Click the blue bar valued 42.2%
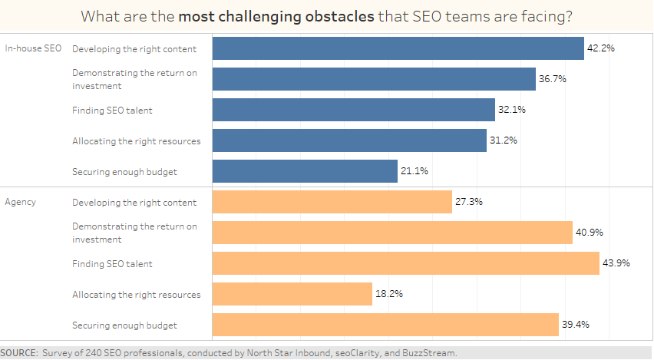coord(398,48)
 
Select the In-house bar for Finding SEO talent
coord(353,110)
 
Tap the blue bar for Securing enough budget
coord(305,171)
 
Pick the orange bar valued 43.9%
coord(405,263)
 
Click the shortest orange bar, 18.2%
coord(292,294)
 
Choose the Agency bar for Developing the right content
coord(332,202)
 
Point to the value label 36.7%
coord(553,79)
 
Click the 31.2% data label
coord(504,140)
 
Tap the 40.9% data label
coord(590,233)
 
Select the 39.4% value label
coord(575,325)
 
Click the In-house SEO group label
coord(33,48)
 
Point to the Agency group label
coord(21,202)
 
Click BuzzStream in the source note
coord(431,353)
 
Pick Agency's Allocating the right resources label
coord(136,294)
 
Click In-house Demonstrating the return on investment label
coord(134,79)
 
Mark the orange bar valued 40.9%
coord(392,233)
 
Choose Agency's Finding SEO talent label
coord(112,263)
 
